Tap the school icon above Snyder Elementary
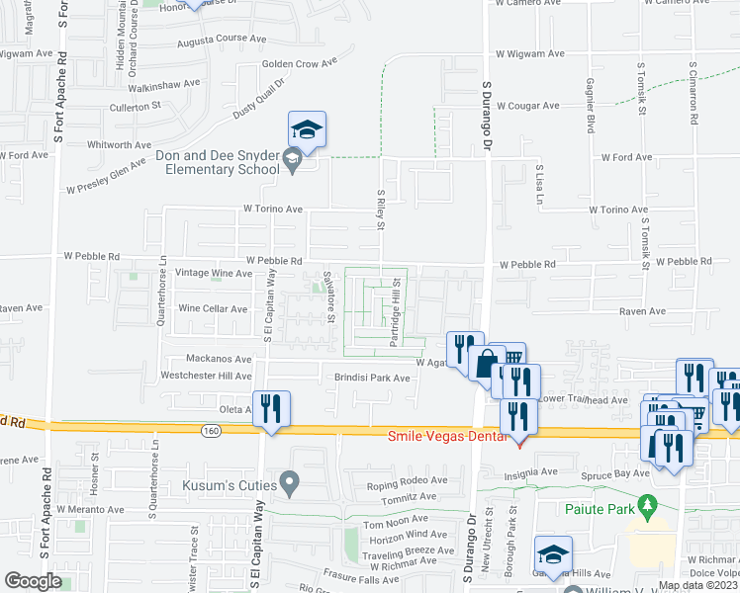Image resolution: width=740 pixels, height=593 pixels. pos(308,130)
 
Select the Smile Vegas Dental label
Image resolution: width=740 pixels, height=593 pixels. pos(440,436)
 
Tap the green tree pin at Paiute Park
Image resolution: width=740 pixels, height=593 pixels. pos(648,506)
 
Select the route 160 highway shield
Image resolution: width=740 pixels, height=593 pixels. pos(210,430)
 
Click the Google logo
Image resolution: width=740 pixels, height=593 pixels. pos(34,580)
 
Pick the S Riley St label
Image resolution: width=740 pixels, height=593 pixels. pos(381,210)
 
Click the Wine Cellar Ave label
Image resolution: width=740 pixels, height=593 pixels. pos(212,308)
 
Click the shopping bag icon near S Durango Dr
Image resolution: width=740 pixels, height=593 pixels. pos(486,364)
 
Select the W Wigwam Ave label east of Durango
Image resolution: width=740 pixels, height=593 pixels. pos(529,53)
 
